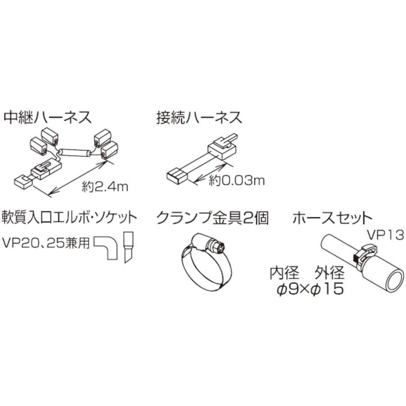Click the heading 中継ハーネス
click(x=48, y=118)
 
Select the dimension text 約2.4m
click(x=105, y=186)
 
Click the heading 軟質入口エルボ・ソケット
click(x=69, y=218)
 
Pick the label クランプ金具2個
click(x=212, y=218)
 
